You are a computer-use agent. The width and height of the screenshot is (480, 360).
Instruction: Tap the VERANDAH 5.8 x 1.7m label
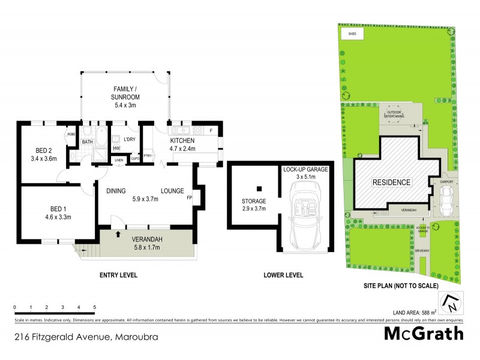click(147, 242)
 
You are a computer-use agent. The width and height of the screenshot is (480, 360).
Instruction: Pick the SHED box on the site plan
click(353, 34)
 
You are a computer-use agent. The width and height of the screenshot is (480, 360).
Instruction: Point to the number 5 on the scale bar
click(94, 307)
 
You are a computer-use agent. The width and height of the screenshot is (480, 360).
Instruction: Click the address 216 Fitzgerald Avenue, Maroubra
click(87, 337)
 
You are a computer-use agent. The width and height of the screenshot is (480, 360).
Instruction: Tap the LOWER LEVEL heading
click(283, 275)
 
